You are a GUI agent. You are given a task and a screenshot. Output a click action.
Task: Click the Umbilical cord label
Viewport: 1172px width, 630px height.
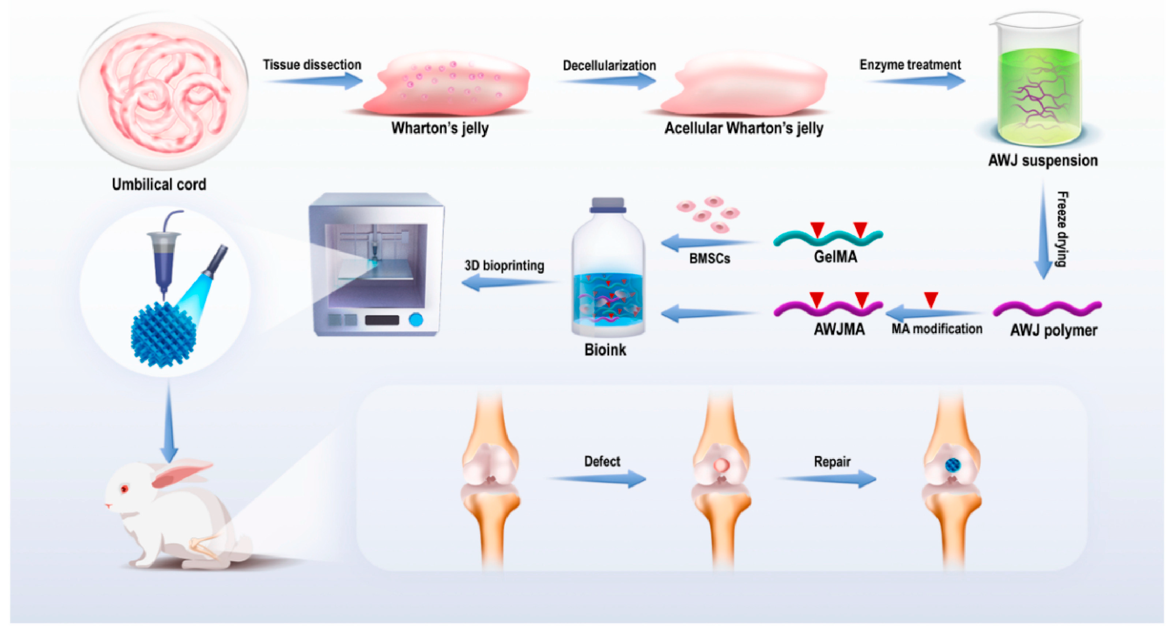(x=159, y=184)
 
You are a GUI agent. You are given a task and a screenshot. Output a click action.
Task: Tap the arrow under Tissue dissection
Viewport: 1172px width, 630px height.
(x=314, y=81)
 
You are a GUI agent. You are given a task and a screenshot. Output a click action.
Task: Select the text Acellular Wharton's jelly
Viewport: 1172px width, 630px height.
(x=744, y=128)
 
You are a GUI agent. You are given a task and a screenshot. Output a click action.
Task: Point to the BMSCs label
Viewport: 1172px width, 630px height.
(x=709, y=258)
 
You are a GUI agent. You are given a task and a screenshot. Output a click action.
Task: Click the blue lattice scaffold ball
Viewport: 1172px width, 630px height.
(x=163, y=334)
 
